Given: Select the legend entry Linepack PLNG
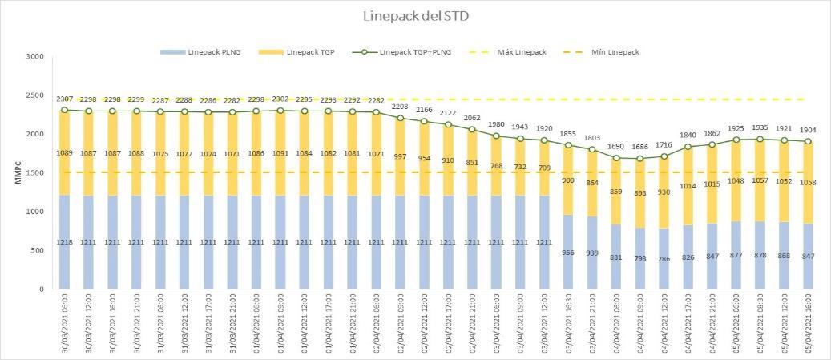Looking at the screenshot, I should (211, 52).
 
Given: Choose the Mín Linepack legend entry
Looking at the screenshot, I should (615, 52).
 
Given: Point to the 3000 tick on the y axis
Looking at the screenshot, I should (34, 57).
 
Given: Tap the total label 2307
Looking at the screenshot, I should (65, 99).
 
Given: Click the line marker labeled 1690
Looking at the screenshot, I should (617, 158).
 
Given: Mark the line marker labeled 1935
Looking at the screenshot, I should (758, 139).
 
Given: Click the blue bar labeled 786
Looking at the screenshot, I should (664, 258).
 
